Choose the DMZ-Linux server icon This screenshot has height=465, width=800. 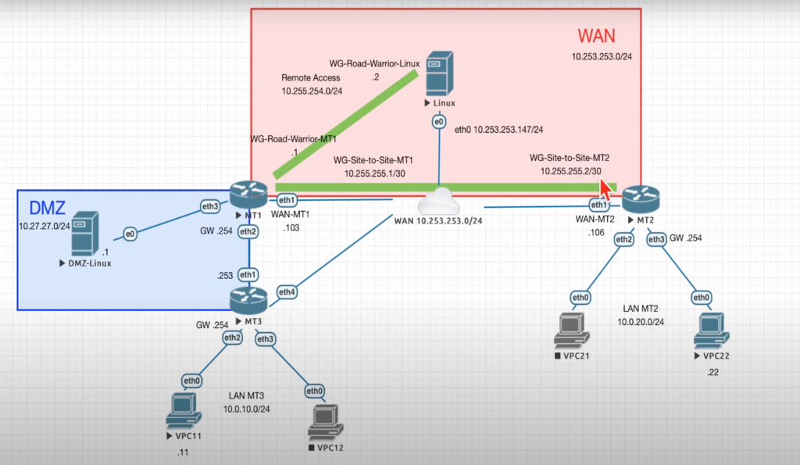pyautogui.click(x=85, y=234)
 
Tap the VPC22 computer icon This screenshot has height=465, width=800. pyautogui.click(x=710, y=331)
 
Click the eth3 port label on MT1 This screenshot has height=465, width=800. pyautogui.click(x=210, y=206)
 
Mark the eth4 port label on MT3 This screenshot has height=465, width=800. pyautogui.click(x=287, y=293)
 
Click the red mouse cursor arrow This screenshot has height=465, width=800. pyautogui.click(x=605, y=188)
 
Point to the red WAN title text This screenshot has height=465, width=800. pyautogui.click(x=596, y=36)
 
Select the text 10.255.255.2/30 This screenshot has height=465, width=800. pyautogui.click(x=570, y=170)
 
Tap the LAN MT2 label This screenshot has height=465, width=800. pyautogui.click(x=641, y=309)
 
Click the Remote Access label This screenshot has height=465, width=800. pyautogui.click(x=310, y=78)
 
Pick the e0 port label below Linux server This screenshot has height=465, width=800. pyautogui.click(x=438, y=122)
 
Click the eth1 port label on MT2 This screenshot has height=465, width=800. pyautogui.click(x=599, y=206)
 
